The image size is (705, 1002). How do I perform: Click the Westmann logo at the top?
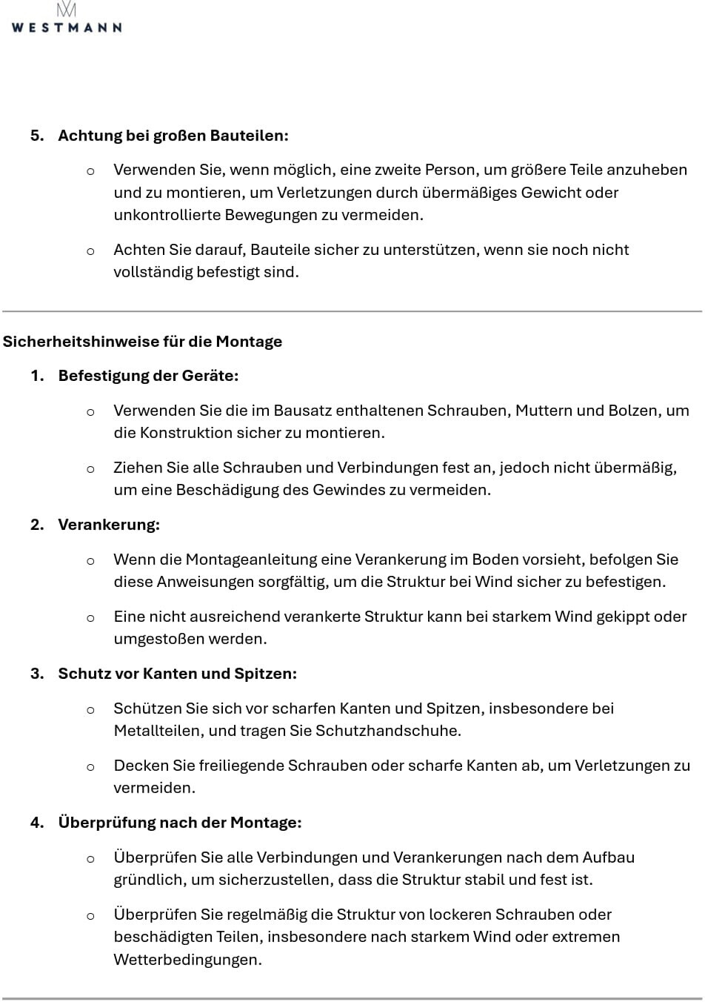tap(67, 19)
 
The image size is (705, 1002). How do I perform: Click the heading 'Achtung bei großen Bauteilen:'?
tap(173, 136)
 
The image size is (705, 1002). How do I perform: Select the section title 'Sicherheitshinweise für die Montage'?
tap(142, 342)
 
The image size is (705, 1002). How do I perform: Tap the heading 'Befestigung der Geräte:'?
tap(148, 376)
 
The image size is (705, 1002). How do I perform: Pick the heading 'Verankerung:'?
tap(109, 525)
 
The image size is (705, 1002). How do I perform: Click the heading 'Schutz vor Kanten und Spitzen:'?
tap(177, 674)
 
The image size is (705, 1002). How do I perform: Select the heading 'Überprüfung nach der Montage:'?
tap(179, 823)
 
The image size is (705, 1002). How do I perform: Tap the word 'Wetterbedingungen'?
tap(187, 960)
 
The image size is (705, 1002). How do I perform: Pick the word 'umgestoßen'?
tap(153, 639)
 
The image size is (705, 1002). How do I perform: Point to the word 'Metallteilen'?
tap(157, 731)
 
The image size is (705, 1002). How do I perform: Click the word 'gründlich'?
tap(148, 880)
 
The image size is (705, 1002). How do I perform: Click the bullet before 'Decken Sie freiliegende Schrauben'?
tap(90, 766)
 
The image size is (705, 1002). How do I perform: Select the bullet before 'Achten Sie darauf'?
tap(90, 250)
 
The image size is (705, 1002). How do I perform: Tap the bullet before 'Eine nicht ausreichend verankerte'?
tap(90, 617)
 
